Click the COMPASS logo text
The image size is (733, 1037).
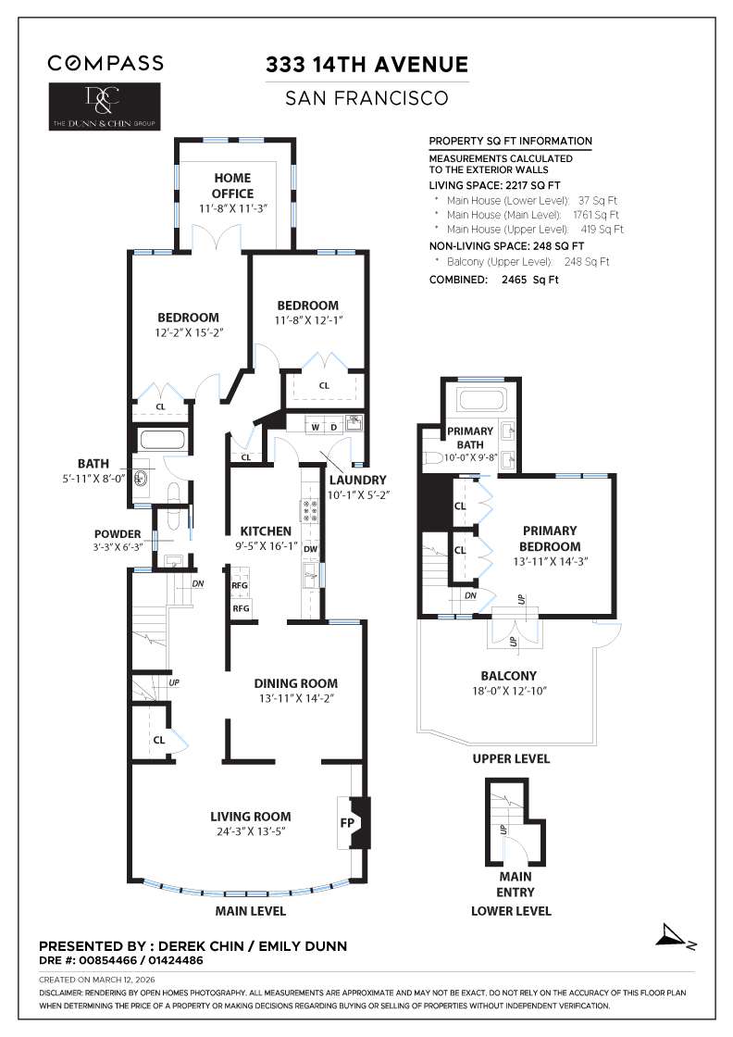106,63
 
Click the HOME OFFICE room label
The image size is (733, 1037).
232,185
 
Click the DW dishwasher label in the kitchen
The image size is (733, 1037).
311,548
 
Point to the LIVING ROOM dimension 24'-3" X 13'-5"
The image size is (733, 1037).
250,831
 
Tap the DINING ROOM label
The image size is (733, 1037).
295,683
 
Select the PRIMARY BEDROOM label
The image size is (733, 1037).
550,538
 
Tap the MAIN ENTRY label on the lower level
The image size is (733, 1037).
515,883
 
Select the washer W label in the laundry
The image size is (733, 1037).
315,427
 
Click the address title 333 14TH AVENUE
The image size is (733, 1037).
366,65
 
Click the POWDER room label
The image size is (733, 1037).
118,533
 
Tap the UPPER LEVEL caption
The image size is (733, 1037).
511,758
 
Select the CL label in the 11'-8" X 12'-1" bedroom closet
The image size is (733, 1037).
324,385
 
